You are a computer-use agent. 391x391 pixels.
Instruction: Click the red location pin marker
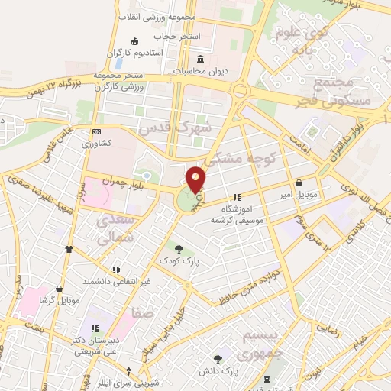pyautogui.click(x=196, y=180)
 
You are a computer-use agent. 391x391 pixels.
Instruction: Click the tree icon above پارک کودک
pyautogui.click(x=179, y=248)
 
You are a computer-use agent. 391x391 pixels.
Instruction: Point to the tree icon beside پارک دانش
pyautogui.click(x=218, y=357)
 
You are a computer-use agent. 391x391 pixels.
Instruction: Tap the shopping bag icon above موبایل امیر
pyautogui.click(x=298, y=183)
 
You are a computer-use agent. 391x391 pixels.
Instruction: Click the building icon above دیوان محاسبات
pyautogui.click(x=200, y=60)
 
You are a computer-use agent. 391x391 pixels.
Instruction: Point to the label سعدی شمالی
pyautogui.click(x=116, y=229)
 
